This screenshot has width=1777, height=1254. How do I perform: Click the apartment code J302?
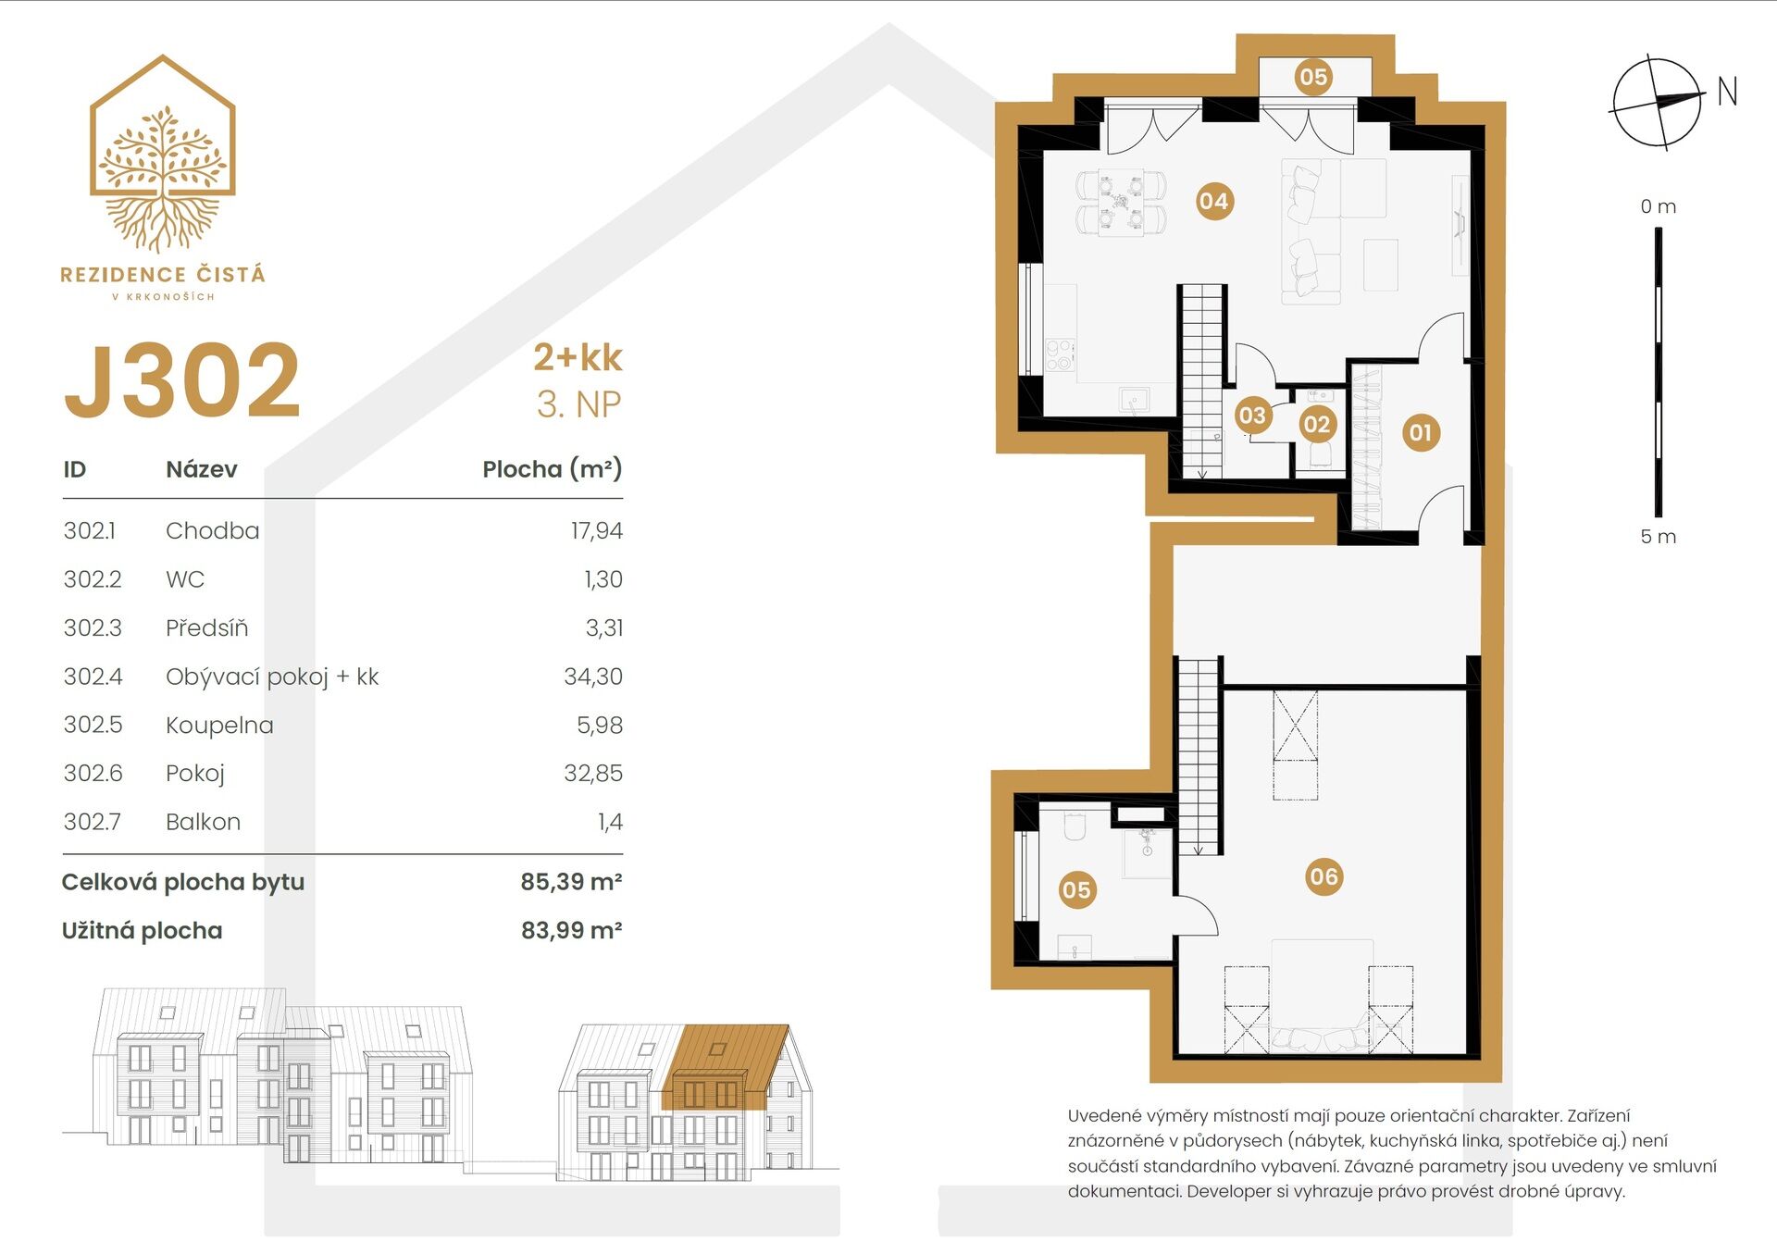point(182,380)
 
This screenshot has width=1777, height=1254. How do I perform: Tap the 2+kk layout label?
point(578,357)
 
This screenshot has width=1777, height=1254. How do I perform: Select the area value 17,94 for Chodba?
point(596,530)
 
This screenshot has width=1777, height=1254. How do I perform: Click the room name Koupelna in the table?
point(219,725)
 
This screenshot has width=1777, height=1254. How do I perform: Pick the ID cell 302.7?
point(92,821)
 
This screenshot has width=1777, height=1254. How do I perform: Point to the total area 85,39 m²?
point(570,882)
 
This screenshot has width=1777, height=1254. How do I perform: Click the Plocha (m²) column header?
point(552,469)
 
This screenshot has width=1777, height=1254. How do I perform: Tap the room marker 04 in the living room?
point(1212,201)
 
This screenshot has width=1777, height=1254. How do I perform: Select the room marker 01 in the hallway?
point(1420,432)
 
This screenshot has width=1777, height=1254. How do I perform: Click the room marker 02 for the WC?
point(1315,425)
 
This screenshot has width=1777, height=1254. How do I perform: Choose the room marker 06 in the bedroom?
point(1323,876)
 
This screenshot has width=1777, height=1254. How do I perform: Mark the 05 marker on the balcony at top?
point(1312,77)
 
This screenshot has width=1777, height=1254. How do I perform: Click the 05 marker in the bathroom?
point(1075,890)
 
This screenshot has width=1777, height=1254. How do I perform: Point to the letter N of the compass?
point(1726,92)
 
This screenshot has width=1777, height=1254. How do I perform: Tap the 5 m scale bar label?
point(1658,537)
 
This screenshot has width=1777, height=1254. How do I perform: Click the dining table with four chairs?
point(1121,201)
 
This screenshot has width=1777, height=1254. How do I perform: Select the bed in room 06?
point(1321,995)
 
